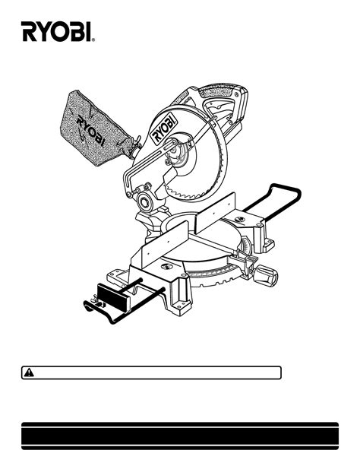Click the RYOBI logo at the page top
[x=56, y=31]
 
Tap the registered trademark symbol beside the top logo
[x=93, y=40]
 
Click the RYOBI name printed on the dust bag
[x=90, y=131]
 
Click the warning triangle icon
[x=29, y=372]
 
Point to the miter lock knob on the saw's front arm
[x=266, y=275]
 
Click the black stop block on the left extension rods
[x=113, y=297]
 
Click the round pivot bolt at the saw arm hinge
[x=146, y=202]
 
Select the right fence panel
[x=216, y=212]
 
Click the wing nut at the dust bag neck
[x=137, y=142]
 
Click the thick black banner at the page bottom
[x=180, y=436]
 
